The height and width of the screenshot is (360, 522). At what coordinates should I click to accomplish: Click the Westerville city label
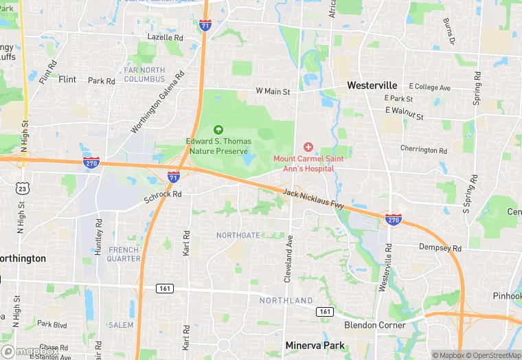pos(372,85)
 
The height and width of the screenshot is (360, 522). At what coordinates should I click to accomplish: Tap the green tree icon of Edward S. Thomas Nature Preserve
pos(218,129)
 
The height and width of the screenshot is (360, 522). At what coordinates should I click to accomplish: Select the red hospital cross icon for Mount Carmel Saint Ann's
pos(308,147)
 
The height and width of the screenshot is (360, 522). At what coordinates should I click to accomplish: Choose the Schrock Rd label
pos(162,194)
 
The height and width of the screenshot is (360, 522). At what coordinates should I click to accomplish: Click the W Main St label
pos(273,91)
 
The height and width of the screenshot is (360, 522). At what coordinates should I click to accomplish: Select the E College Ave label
pos(429,88)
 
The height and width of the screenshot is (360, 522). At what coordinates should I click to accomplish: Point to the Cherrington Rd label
pos(424,149)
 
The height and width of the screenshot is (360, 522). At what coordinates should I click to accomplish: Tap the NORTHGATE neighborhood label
pos(238,235)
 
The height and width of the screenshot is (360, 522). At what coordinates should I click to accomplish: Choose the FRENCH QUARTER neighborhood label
pos(124,254)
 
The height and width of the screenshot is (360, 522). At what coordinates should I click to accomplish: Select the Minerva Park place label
pos(316,346)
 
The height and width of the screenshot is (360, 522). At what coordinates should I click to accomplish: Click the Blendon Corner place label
pos(375,325)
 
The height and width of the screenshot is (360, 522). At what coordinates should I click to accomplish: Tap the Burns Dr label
pos(450,31)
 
